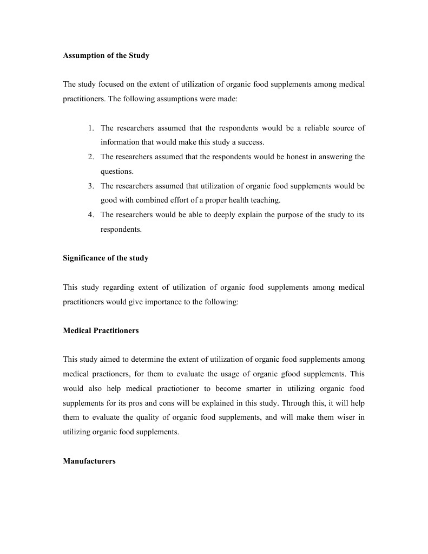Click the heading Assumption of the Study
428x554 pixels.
coord(106,56)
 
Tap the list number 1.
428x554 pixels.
coord(91,128)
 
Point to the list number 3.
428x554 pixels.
coord(91,186)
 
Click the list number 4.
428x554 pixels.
coord(91,215)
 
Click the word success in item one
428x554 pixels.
coord(251,142)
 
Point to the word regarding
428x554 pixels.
coord(104,287)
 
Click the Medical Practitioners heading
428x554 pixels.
coord(101,330)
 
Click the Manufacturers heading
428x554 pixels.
coord(89,461)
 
